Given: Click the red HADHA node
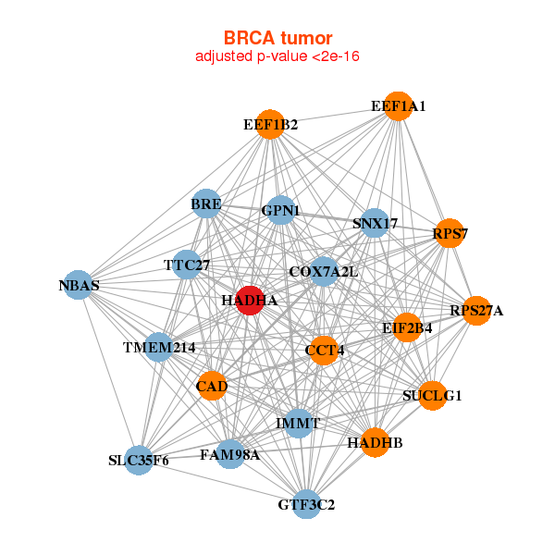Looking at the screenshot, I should pyautogui.click(x=249, y=300).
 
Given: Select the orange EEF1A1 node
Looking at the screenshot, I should pyautogui.click(x=398, y=106).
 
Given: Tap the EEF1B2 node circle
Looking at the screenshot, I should pyautogui.click(x=270, y=124).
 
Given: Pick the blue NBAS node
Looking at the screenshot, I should pyautogui.click(x=79, y=286).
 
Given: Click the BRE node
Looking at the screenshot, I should pyautogui.click(x=206, y=203).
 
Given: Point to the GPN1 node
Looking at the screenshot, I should pyautogui.click(x=280, y=211).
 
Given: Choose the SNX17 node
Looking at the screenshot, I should pyautogui.click(x=375, y=223).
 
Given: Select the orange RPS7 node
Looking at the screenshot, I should pyautogui.click(x=450, y=233).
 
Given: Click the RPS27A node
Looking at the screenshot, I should pyautogui.click(x=476, y=310).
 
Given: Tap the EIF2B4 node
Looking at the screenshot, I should pyautogui.click(x=407, y=327).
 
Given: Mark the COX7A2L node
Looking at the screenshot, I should pyautogui.click(x=323, y=272).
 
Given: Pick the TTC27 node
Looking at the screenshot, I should pyautogui.click(x=187, y=265).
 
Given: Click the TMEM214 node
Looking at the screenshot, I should pyautogui.click(x=159, y=348).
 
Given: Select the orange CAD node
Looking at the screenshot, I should pyautogui.click(x=212, y=385).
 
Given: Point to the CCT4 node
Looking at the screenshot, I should pyautogui.click(x=323, y=351).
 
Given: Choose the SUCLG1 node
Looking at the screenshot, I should pyautogui.click(x=432, y=396).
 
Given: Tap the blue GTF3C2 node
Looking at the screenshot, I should pyautogui.click(x=306, y=504).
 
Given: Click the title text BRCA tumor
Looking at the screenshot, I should pyautogui.click(x=277, y=38).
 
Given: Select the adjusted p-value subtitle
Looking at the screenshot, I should pyautogui.click(x=277, y=56).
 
